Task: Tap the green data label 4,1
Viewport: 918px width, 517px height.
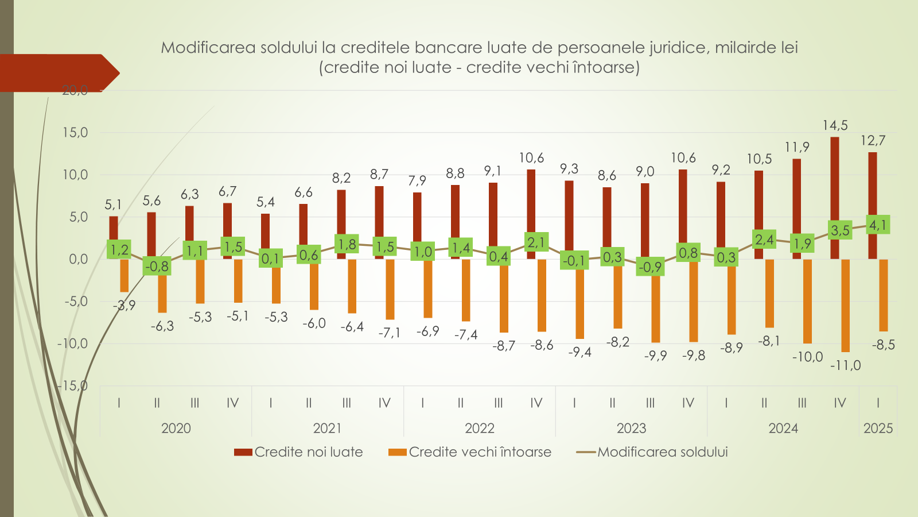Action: (878, 225)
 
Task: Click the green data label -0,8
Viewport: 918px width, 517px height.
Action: (157, 266)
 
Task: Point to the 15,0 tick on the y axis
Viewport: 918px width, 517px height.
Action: (75, 133)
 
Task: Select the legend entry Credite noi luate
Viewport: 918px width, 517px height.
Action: (298, 452)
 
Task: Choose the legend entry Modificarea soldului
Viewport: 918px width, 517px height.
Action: (652, 452)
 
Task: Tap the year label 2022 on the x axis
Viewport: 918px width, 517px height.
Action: (479, 428)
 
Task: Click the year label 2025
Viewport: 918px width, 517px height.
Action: (878, 428)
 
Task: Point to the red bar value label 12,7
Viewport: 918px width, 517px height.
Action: (873, 141)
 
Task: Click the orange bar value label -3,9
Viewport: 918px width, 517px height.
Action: (125, 306)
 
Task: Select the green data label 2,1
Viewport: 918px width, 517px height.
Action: (536, 242)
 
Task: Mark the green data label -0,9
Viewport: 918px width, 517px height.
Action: (650, 267)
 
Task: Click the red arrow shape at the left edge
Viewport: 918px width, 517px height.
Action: (57, 73)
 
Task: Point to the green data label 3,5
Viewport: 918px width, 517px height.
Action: (840, 230)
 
